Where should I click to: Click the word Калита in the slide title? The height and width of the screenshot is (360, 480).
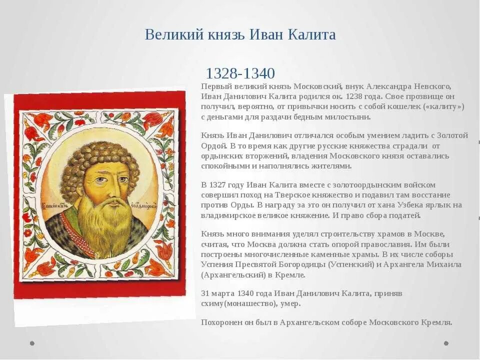tap(311, 35)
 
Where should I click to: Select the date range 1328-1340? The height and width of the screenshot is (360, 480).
tap(240, 73)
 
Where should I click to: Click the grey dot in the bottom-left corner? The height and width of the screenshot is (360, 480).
tap(32, 343)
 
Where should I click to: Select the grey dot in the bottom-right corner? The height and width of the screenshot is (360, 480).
tap(446, 343)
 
